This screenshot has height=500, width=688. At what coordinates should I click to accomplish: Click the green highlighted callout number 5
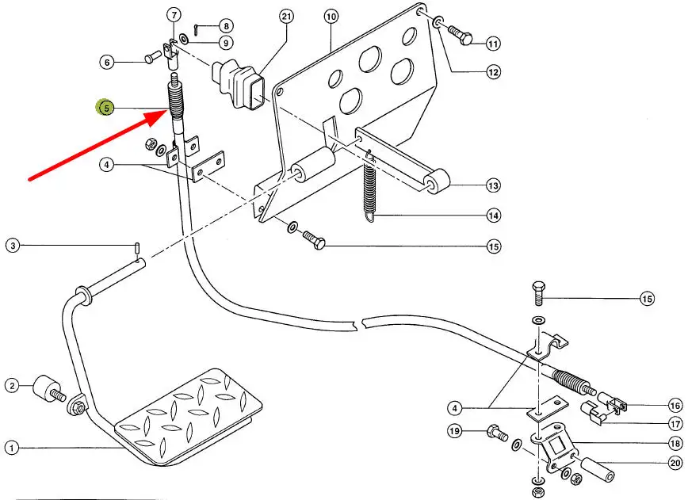(x=105, y=108)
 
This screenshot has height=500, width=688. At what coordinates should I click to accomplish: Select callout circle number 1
(x=11, y=448)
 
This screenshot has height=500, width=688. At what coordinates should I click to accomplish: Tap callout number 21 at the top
(x=286, y=16)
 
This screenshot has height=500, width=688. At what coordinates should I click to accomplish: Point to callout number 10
(x=331, y=16)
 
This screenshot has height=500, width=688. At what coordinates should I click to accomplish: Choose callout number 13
(x=494, y=186)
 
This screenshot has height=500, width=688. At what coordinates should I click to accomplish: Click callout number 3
(x=13, y=246)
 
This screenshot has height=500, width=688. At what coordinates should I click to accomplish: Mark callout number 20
(x=675, y=463)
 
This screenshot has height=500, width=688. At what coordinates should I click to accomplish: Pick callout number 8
(x=227, y=26)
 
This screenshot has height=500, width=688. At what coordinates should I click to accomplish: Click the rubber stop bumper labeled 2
(x=46, y=389)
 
